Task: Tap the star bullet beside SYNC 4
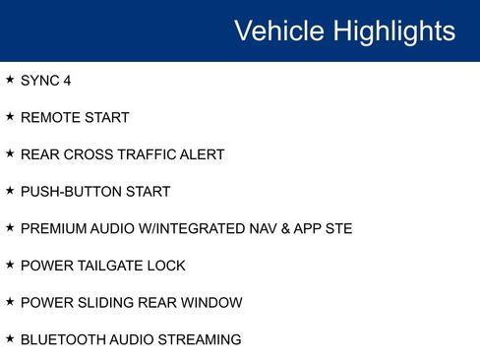10,80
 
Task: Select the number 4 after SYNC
67,81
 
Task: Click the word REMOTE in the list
50,118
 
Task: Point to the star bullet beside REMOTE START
10,117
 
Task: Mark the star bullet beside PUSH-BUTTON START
10,191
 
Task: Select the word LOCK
167,266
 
